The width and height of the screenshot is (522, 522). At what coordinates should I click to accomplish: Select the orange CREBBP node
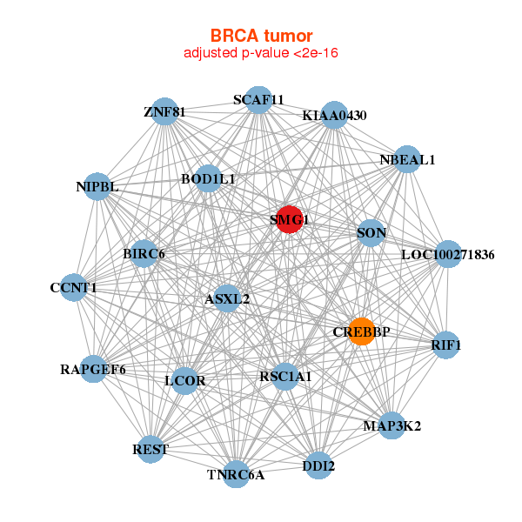pyautogui.click(x=362, y=331)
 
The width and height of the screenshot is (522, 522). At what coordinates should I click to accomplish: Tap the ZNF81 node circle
pyautogui.click(x=165, y=111)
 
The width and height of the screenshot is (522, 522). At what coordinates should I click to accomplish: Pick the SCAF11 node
pyautogui.click(x=258, y=100)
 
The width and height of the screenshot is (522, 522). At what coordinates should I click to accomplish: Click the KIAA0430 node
pyautogui.click(x=335, y=115)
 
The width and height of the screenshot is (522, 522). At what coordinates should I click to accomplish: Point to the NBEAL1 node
pyautogui.click(x=407, y=159)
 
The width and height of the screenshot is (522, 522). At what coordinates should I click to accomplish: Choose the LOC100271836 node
pyautogui.click(x=447, y=255)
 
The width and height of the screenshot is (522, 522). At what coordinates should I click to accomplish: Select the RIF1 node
pyautogui.click(x=445, y=345)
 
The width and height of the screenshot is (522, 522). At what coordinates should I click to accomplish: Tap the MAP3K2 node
pyautogui.click(x=391, y=425)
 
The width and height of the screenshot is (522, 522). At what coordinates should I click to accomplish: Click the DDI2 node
pyautogui.click(x=318, y=466)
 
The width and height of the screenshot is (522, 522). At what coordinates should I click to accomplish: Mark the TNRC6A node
pyautogui.click(x=236, y=474)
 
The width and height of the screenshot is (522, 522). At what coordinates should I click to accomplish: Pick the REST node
pyautogui.click(x=151, y=449)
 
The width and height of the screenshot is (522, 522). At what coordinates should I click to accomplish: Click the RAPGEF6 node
pyautogui.click(x=93, y=369)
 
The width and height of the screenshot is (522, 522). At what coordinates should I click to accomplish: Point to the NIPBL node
pyautogui.click(x=97, y=186)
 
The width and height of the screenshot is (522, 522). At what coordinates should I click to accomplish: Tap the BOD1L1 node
pyautogui.click(x=208, y=178)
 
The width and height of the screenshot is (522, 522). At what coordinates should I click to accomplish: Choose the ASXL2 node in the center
pyautogui.click(x=227, y=298)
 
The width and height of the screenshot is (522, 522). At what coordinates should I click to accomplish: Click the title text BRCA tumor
pyautogui.click(x=261, y=36)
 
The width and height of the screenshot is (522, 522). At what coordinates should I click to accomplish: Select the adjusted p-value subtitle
pyautogui.click(x=261, y=53)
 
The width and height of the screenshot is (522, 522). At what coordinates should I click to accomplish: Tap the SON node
pyautogui.click(x=371, y=232)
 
